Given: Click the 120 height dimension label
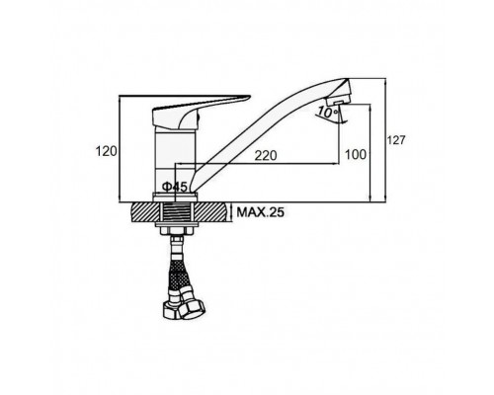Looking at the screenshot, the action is click(106, 151).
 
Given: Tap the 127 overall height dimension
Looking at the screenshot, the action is click(395, 140).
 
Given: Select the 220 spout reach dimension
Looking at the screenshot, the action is click(266, 155).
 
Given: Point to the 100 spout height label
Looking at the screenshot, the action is click(356, 154).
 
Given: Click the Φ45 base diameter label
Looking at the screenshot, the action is click(175, 187).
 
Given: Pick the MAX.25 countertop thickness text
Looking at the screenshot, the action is click(260, 212).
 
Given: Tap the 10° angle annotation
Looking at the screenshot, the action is click(328, 113).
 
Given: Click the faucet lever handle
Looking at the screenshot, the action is click(198, 111).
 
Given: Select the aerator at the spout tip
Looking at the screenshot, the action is click(338, 100).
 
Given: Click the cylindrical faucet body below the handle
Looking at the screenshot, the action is click(175, 161).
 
